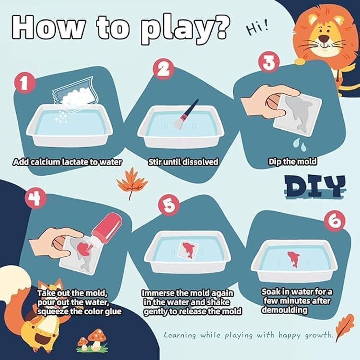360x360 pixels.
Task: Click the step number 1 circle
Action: (x=25, y=84)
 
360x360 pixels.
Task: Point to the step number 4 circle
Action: (x=36, y=199)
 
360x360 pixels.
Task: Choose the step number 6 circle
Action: (x=334, y=221)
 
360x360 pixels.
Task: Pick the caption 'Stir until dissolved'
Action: (x=184, y=162)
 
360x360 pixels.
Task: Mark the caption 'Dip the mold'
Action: (x=292, y=161)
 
